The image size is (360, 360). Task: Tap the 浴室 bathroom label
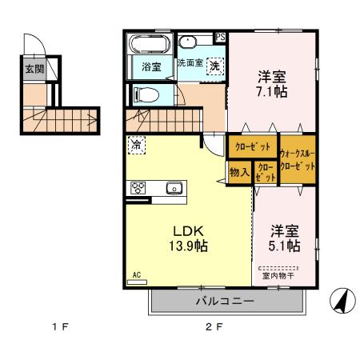(x=151, y=67)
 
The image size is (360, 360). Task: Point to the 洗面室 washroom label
(x=190, y=62)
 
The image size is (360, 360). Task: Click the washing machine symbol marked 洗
(x=214, y=67)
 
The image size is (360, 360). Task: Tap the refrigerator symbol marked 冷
(x=137, y=146)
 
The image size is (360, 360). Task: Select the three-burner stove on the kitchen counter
(x=137, y=189)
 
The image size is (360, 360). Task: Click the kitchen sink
(x=174, y=189)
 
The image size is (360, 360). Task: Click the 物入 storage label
(x=238, y=172)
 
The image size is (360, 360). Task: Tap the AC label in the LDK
(x=136, y=274)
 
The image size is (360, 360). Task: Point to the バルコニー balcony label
(x=226, y=302)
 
